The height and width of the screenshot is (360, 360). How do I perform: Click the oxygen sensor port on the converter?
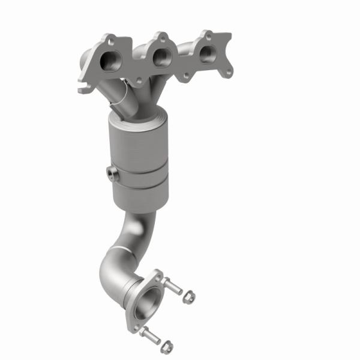112,174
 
